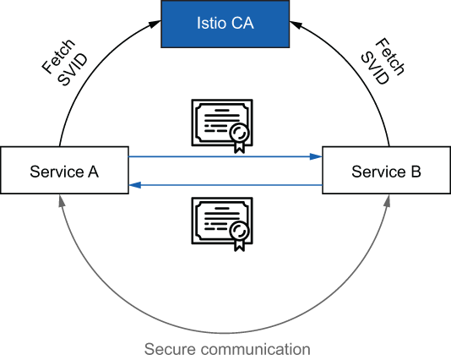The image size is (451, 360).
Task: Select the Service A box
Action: click(64, 172)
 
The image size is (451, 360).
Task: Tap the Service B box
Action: click(386, 172)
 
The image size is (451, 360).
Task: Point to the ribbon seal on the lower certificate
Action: click(240, 234)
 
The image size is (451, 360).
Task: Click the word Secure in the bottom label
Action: click(170, 348)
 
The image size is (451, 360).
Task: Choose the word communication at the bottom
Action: click(254, 348)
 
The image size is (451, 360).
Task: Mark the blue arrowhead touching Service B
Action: click(317, 156)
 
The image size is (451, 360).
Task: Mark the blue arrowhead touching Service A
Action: click(134, 186)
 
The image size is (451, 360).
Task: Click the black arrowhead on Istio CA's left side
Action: click(155, 26)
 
